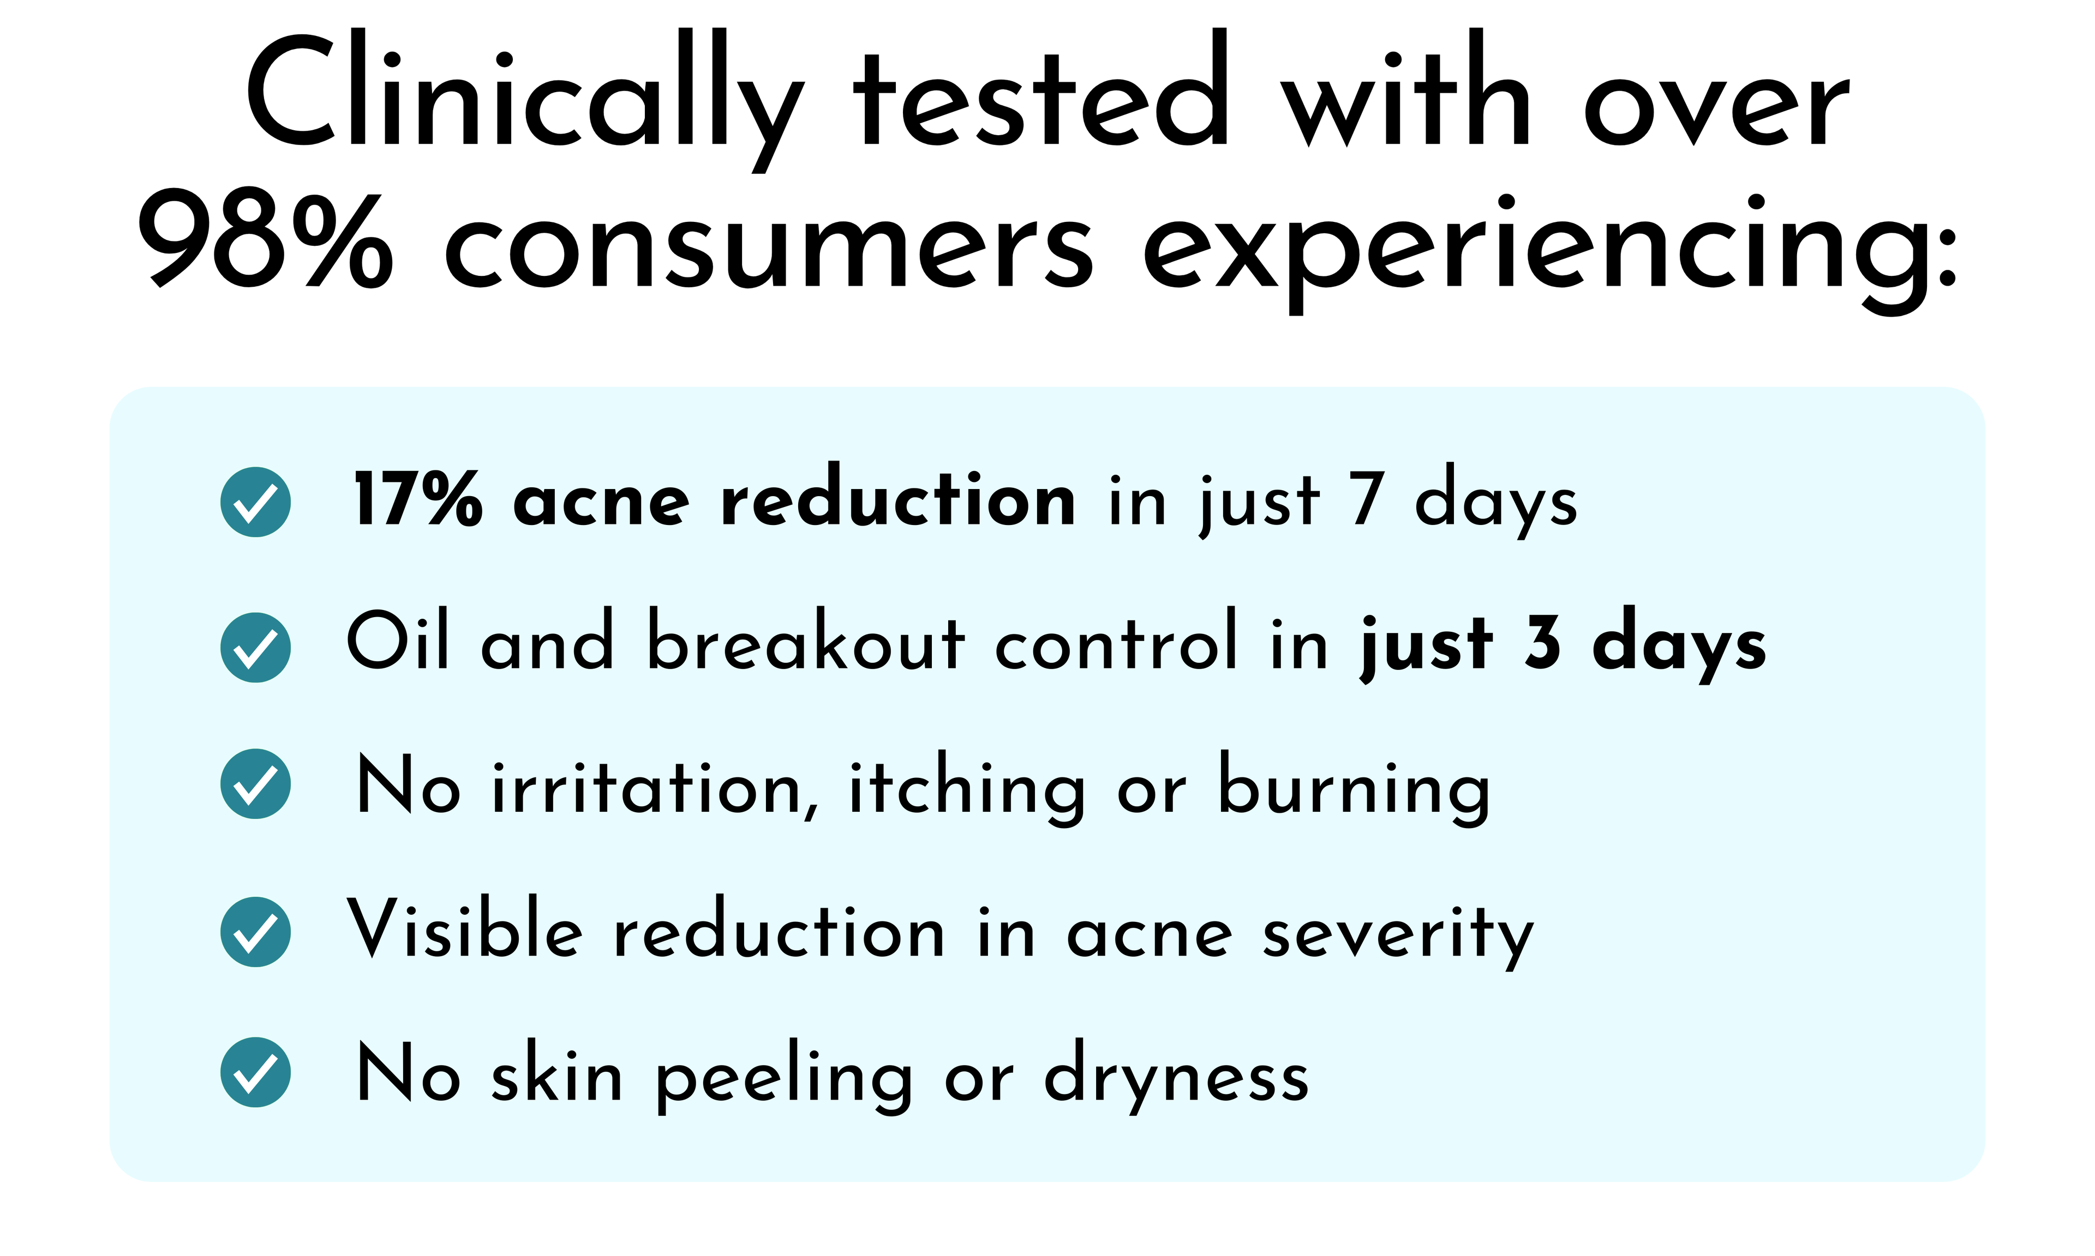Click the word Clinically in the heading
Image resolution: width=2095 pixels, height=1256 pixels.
[525, 100]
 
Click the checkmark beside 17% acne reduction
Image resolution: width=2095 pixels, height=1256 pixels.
[256, 502]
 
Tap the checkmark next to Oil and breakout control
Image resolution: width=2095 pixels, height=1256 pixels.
[256, 648]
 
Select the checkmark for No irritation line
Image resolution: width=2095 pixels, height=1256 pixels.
[256, 784]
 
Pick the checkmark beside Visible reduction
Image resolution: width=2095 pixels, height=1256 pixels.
[256, 932]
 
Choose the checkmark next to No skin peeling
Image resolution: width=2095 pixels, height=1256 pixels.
[256, 1072]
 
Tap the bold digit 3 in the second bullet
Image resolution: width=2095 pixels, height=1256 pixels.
[1542, 643]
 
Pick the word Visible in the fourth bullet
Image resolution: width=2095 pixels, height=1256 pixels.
[465, 928]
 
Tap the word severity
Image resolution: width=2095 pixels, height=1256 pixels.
[1398, 938]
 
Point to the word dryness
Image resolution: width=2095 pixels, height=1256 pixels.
[1176, 1075]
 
